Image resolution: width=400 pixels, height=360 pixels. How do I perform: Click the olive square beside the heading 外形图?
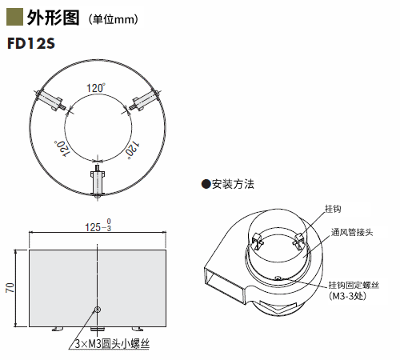14,17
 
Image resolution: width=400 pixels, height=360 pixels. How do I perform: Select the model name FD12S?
31,43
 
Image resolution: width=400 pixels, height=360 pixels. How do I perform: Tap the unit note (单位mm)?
114,19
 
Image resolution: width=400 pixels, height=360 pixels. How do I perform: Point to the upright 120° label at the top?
96,88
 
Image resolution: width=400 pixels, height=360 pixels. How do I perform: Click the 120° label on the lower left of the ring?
62,149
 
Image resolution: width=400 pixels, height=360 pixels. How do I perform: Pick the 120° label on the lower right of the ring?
133,150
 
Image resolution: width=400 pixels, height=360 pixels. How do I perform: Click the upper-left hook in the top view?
50,100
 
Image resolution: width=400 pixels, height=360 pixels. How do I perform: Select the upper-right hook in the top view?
145,100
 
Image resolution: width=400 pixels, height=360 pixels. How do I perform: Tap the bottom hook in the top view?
98,182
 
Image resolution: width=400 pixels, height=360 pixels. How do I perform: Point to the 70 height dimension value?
10,288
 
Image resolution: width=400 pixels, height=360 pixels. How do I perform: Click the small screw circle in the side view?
98,310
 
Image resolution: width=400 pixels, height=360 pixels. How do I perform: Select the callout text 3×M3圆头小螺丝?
112,344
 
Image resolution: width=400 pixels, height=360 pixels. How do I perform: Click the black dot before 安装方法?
206,184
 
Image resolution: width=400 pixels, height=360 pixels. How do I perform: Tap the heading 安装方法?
233,184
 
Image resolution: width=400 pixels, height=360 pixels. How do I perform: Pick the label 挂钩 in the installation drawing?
333,209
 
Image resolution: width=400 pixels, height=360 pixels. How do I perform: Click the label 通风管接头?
352,232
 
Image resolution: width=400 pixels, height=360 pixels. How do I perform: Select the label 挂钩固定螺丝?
354,285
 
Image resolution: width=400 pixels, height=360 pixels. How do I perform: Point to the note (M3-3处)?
347,296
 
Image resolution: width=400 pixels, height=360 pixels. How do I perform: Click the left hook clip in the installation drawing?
258,241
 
